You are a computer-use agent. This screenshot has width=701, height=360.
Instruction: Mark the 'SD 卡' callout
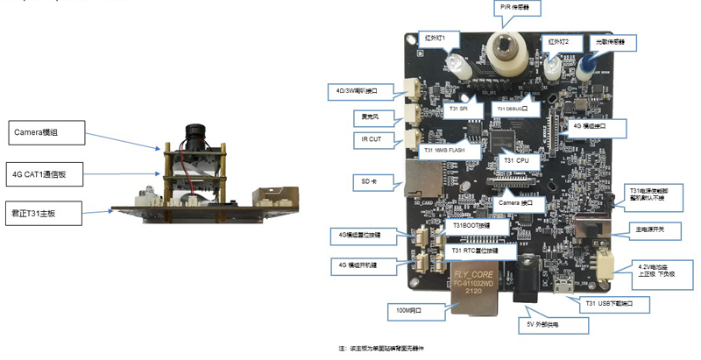click(x=373, y=181)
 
